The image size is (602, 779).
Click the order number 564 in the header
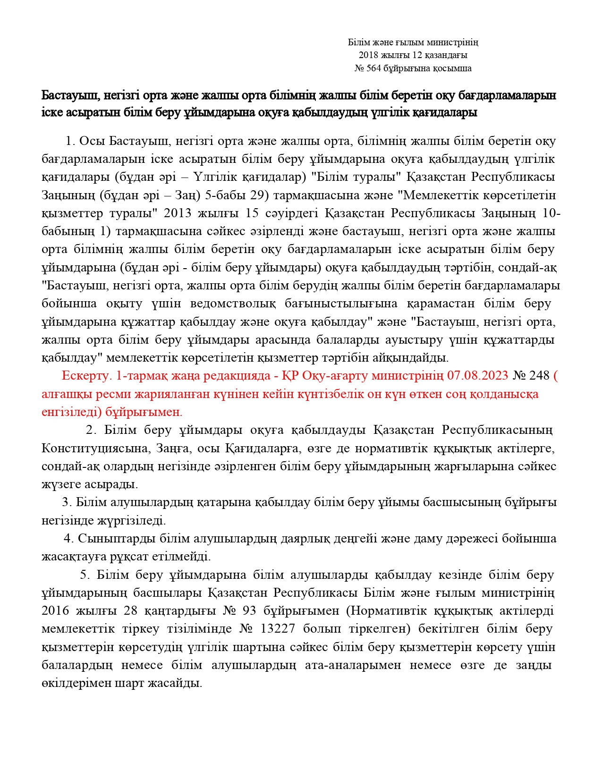(373, 68)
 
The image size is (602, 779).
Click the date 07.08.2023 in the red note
(477, 376)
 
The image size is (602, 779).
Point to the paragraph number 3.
(67, 502)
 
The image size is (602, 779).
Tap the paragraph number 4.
(69, 539)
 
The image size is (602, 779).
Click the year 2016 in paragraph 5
(55, 611)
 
